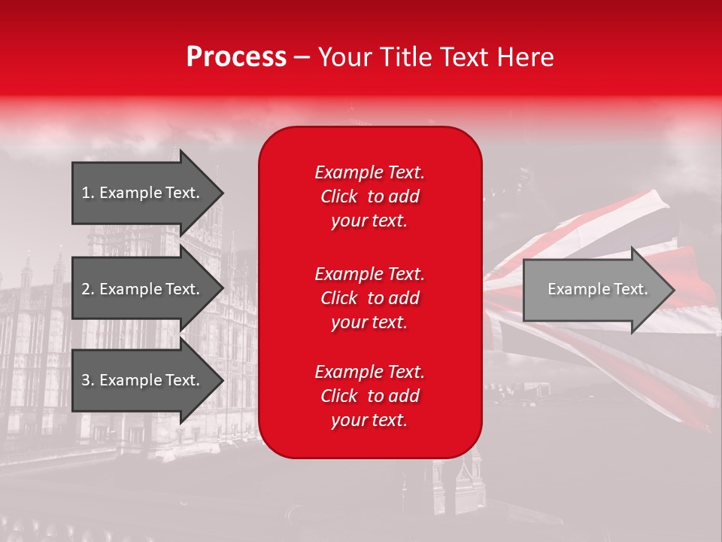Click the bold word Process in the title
[236, 57]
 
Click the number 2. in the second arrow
[88, 289]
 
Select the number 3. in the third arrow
[88, 380]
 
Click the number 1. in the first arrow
[88, 193]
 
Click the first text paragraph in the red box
[369, 196]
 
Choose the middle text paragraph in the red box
[369, 298]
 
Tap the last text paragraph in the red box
[369, 396]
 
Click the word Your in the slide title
[343, 57]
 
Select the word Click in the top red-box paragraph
[339, 196]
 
